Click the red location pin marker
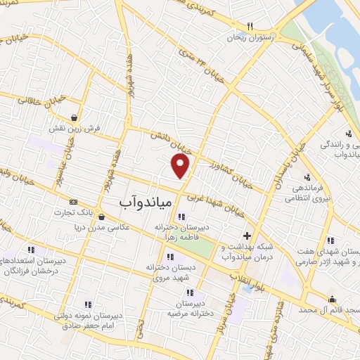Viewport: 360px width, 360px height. (x=181, y=165)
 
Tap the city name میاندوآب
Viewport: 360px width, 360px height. (x=143, y=202)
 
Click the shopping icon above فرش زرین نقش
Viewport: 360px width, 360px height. (x=75, y=117)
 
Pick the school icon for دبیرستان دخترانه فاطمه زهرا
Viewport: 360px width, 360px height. (x=182, y=216)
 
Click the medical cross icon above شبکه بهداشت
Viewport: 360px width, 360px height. (x=246, y=236)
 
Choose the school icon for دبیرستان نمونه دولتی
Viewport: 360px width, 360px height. (x=89, y=304)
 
